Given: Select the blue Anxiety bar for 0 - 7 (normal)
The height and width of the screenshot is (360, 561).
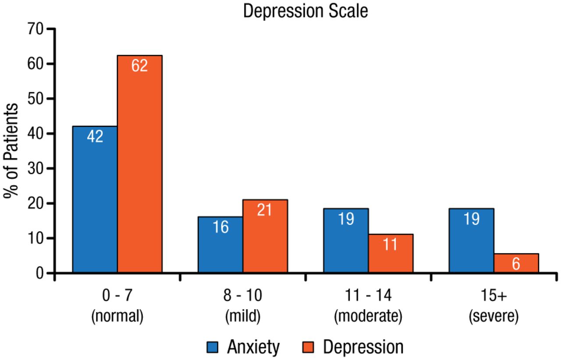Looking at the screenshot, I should pos(95,200).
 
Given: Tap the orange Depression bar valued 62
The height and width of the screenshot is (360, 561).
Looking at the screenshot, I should pos(139,164).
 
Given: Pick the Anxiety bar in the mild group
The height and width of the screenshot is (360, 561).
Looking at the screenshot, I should pos(220,245).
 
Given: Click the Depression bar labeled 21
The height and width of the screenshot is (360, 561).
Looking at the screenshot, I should pos(265,236).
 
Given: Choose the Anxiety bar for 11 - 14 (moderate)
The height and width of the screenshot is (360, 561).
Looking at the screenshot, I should pos(346,241).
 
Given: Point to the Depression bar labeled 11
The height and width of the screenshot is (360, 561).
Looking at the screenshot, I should pos(391,253).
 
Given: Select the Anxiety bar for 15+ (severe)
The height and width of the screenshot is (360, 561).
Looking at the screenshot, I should pos(471,241).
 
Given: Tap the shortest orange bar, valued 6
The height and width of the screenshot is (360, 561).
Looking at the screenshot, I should pos(516,263).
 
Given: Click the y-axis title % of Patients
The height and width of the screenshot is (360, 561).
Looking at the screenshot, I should pos(12,151).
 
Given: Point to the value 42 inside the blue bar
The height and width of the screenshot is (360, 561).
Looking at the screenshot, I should pos(95,136).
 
